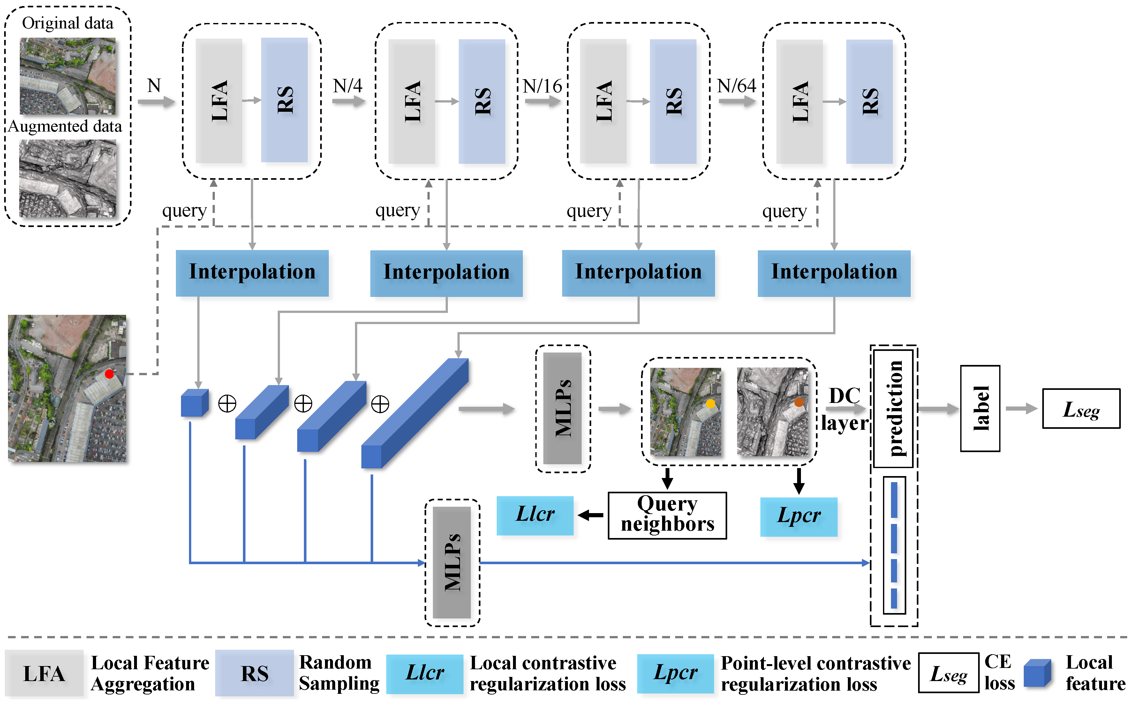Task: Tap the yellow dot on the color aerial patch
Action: click(x=710, y=404)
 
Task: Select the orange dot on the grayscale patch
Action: click(x=799, y=402)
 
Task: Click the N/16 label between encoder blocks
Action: click(x=542, y=86)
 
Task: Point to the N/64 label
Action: click(x=736, y=86)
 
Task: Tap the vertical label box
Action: click(x=980, y=408)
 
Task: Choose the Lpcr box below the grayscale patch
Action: click(x=798, y=517)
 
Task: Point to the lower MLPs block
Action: click(x=452, y=562)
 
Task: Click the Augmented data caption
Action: click(x=65, y=126)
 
